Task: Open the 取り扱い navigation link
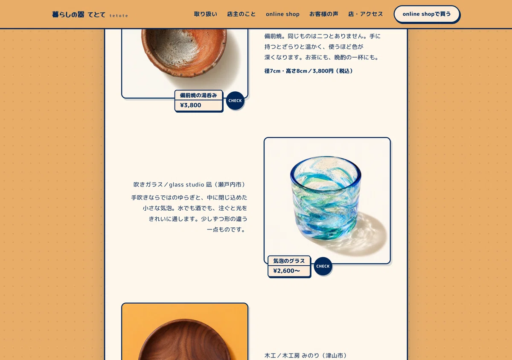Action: click(x=206, y=14)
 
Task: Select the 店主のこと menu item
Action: click(x=241, y=14)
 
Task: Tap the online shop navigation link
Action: click(x=282, y=14)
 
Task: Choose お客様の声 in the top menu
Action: click(x=324, y=14)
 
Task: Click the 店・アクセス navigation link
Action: click(x=366, y=14)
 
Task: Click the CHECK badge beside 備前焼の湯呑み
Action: click(x=235, y=101)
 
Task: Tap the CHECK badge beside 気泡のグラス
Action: click(x=323, y=266)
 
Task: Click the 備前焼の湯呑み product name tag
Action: click(x=198, y=95)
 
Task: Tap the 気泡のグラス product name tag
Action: click(x=289, y=261)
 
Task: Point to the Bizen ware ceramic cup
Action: click(x=184, y=52)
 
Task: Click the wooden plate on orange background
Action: click(x=185, y=340)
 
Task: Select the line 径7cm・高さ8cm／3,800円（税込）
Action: click(x=308, y=71)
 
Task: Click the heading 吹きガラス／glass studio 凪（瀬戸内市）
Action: click(x=189, y=184)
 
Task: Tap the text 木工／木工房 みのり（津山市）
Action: click(x=305, y=355)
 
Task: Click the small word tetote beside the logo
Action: click(x=119, y=16)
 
